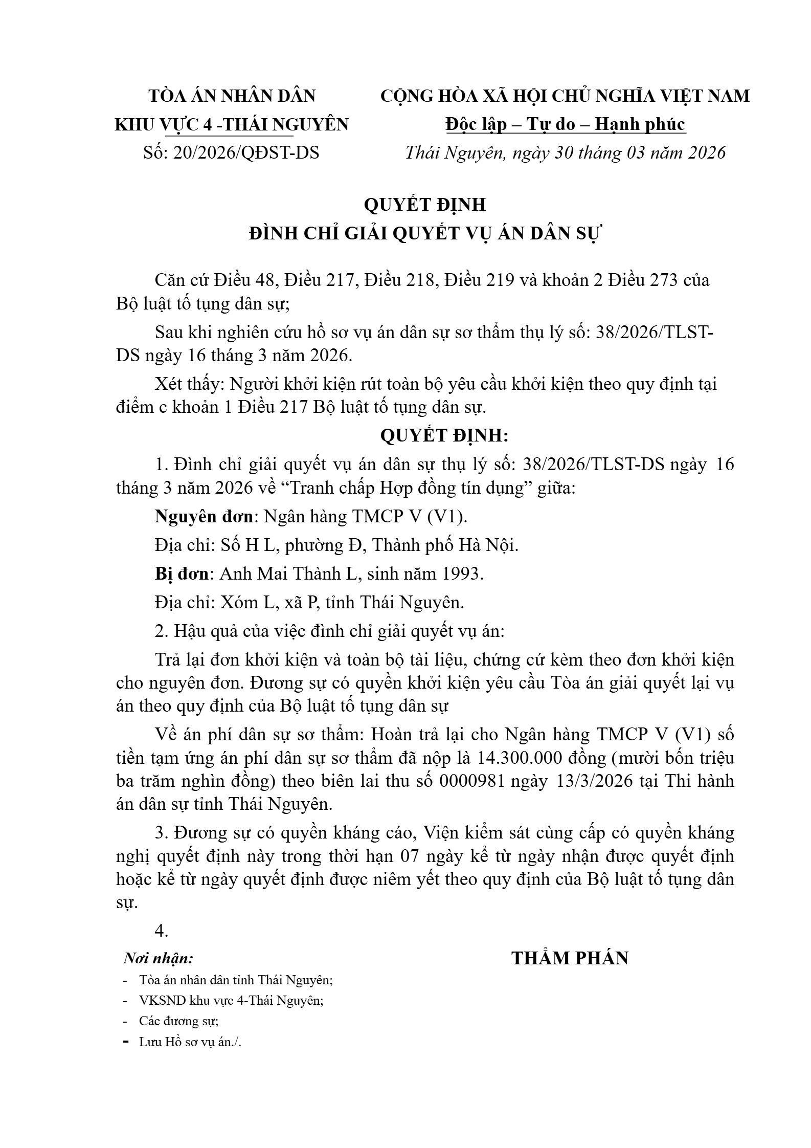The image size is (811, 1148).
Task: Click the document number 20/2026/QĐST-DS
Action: point(246,152)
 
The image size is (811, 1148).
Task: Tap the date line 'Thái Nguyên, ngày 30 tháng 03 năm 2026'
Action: point(565,152)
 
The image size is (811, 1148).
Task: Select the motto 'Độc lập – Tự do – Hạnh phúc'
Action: point(565,124)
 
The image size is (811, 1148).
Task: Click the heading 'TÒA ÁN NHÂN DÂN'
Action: point(232,96)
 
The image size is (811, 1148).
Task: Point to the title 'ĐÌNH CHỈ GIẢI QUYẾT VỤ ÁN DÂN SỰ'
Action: point(425,233)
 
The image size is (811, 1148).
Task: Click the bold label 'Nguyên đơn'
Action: point(204,517)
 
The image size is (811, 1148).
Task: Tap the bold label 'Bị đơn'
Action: point(182,573)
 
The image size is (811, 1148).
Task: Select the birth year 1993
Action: point(460,573)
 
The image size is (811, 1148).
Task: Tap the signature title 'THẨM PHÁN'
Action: point(570,958)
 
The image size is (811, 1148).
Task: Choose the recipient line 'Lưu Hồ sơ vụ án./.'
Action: point(190,1042)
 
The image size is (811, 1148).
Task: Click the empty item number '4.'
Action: point(162,931)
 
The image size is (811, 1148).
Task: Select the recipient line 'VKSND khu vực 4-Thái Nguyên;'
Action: point(231,1000)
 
